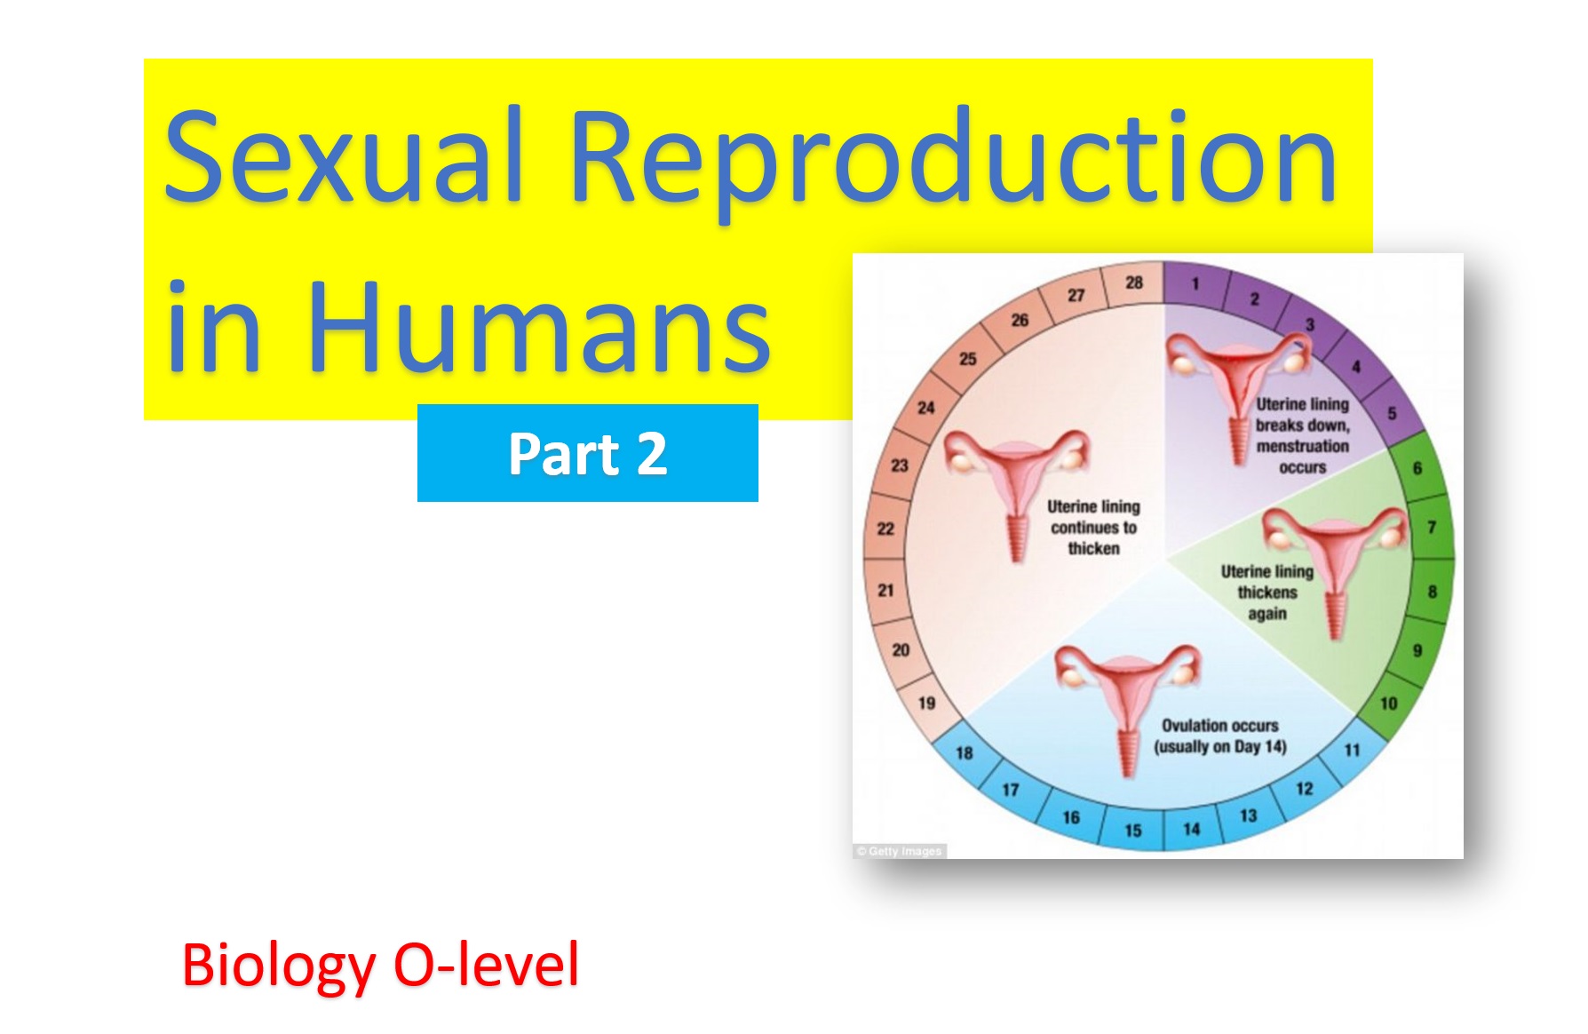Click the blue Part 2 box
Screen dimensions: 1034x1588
(x=587, y=453)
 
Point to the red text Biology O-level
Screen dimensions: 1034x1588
(x=380, y=965)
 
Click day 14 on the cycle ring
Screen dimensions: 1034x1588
(x=1191, y=829)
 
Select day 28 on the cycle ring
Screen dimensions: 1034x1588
(x=1134, y=282)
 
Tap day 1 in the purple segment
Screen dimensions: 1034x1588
(x=1195, y=284)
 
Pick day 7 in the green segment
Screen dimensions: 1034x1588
(x=1431, y=527)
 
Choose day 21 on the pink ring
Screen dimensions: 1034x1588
(x=885, y=590)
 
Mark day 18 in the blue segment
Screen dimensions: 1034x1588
(x=964, y=752)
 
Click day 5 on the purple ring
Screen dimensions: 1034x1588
(x=1392, y=413)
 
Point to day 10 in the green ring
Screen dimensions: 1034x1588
(x=1388, y=704)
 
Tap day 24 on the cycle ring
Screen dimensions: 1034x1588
(x=925, y=408)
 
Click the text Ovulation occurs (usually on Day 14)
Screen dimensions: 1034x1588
(x=1219, y=736)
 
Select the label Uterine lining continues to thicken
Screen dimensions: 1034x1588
(x=1093, y=528)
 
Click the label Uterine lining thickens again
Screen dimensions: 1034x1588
(x=1266, y=593)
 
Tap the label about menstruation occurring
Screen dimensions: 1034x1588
(x=1302, y=435)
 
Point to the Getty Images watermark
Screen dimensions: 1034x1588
(x=900, y=851)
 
